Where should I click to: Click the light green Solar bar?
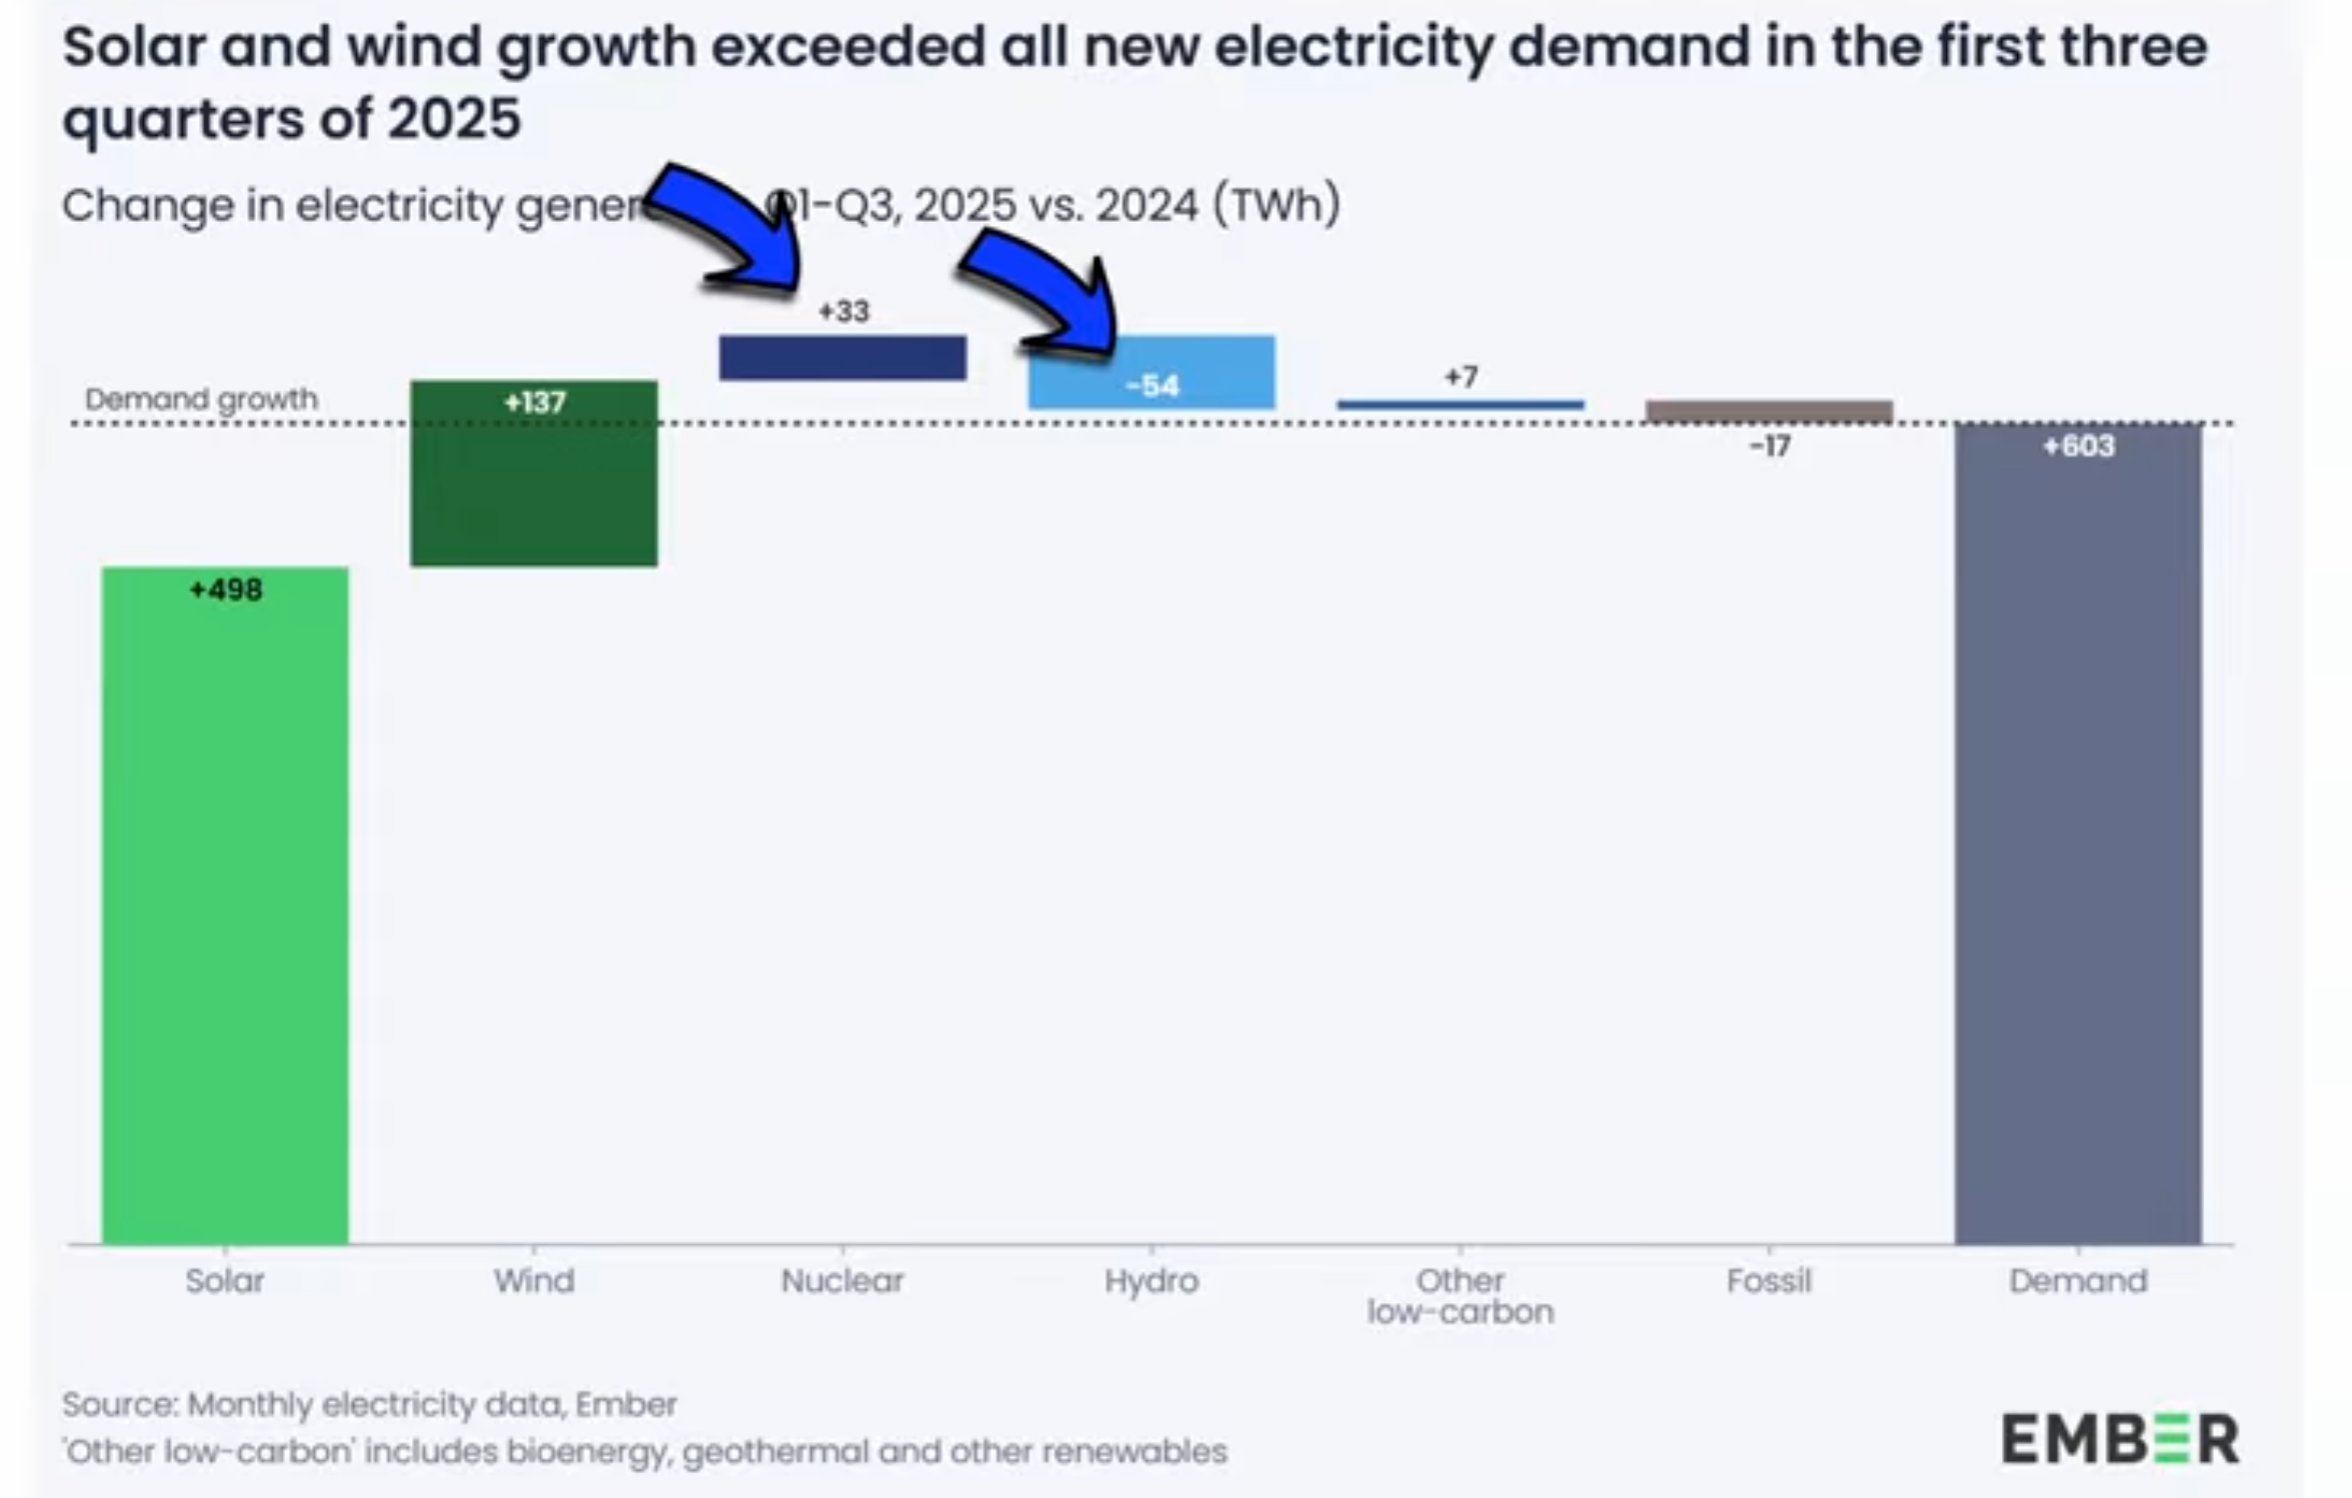pos(225,904)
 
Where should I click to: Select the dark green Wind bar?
pos(534,474)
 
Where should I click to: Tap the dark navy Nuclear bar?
pos(843,358)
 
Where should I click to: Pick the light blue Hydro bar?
pos(1152,371)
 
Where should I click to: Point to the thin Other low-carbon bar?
pos(1460,405)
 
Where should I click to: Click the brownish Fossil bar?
pos(1769,411)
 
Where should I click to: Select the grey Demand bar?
pos(2078,834)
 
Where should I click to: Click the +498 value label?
pos(226,590)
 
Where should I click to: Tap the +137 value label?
pos(535,403)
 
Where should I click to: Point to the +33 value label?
pos(844,312)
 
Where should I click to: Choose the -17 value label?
pos(1769,447)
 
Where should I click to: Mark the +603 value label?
pos(2079,446)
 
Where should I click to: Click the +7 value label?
pos(1460,377)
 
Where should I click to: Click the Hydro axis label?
pos(1152,1280)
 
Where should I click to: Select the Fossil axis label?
pos(1768,1280)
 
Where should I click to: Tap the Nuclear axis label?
pos(843,1280)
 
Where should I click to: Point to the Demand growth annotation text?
pos(201,400)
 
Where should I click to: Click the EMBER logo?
pos(2119,1439)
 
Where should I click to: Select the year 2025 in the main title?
pos(454,119)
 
